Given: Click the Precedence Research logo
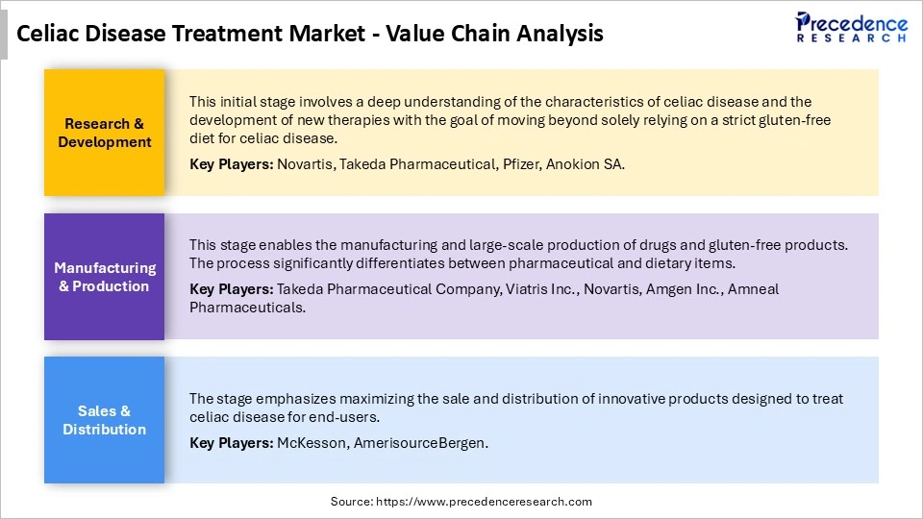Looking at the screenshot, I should (x=851, y=27).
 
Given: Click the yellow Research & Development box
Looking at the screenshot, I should (x=105, y=133).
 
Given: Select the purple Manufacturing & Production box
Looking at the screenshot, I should (x=105, y=277).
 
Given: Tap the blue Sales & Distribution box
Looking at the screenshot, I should (x=105, y=420).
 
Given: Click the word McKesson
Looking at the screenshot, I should (x=308, y=443).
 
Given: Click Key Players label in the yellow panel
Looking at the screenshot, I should (x=231, y=164).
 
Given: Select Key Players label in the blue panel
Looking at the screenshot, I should (x=231, y=443).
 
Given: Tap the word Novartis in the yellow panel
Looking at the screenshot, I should (x=306, y=164).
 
